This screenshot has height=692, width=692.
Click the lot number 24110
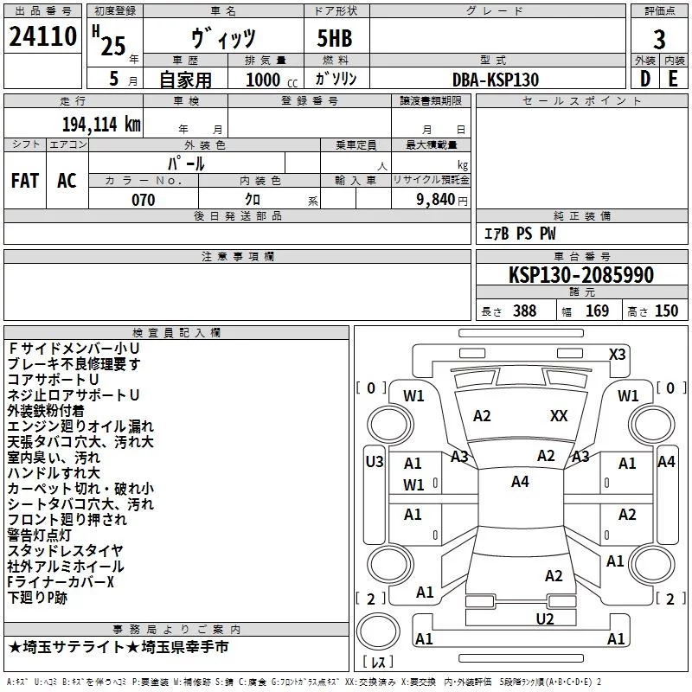pyautogui.click(x=42, y=38)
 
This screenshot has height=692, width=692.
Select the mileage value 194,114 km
pyautogui.click(x=101, y=124)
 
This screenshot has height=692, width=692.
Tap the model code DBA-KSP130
pyautogui.click(x=496, y=79)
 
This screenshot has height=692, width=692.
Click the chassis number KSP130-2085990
pyautogui.click(x=580, y=275)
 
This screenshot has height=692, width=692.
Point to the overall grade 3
pyautogui.click(x=659, y=38)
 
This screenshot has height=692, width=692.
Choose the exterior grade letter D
pyautogui.click(x=644, y=79)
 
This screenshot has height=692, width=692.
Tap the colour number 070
pyautogui.click(x=144, y=200)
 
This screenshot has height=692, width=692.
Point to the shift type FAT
pyautogui.click(x=25, y=180)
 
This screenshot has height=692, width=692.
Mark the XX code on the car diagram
pyautogui.click(x=559, y=416)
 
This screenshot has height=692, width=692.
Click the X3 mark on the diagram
pyautogui.click(x=618, y=354)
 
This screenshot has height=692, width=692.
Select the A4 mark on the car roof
pyautogui.click(x=520, y=482)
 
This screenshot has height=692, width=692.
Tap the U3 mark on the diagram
pyautogui.click(x=374, y=462)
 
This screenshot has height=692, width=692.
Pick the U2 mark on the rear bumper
pyautogui.click(x=544, y=618)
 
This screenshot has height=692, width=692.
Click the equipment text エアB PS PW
pyautogui.click(x=519, y=234)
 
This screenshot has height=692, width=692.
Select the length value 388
pyautogui.click(x=524, y=311)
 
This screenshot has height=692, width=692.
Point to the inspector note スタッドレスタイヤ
pyautogui.click(x=65, y=551)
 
